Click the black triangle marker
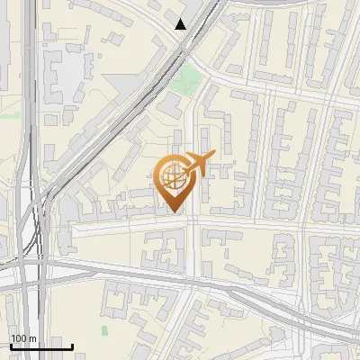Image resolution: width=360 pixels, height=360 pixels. [182, 24]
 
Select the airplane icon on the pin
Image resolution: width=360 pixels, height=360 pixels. [198, 163]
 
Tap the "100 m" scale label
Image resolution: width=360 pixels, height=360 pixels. [23, 338]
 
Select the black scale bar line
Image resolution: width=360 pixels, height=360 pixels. [40, 346]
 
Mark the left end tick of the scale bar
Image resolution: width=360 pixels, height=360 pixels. [11, 346]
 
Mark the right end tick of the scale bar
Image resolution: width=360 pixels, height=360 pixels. [71, 346]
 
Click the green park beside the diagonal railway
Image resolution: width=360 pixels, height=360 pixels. [186, 82]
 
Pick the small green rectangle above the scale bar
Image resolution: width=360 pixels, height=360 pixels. [104, 330]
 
